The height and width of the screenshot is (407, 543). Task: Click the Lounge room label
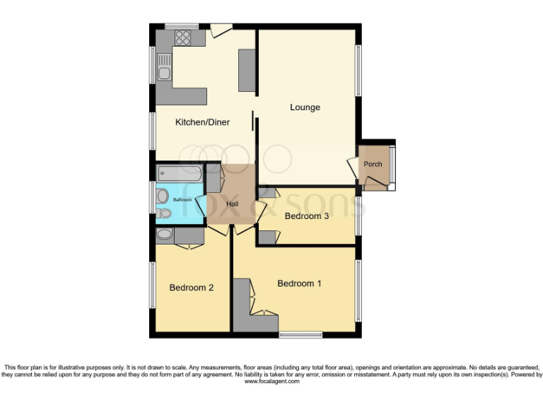click(305, 107)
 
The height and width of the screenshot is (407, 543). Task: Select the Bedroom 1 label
click(299, 283)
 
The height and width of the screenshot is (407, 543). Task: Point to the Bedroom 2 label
click(191, 288)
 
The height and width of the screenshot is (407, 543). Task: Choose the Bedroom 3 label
click(307, 216)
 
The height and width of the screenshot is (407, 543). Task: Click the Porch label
click(373, 165)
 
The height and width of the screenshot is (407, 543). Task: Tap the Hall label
click(232, 204)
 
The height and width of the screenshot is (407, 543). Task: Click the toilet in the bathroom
click(164, 213)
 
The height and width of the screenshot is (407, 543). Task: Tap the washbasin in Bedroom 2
click(164, 235)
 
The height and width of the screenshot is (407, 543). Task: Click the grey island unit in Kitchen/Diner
click(247, 70)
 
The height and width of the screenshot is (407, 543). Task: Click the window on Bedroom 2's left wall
click(152, 285)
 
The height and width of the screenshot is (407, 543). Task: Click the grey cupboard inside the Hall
click(213, 178)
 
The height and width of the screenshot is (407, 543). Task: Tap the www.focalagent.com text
click(271, 382)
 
